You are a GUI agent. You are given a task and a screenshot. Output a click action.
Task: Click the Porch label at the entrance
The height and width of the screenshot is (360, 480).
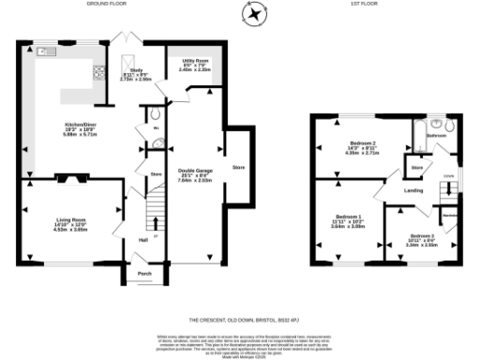(x=144, y=274)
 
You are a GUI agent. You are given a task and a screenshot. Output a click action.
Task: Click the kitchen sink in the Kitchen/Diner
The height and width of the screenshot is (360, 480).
(x=43, y=54)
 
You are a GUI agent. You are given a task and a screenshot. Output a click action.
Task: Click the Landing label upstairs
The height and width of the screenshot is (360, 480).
(x=412, y=191)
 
